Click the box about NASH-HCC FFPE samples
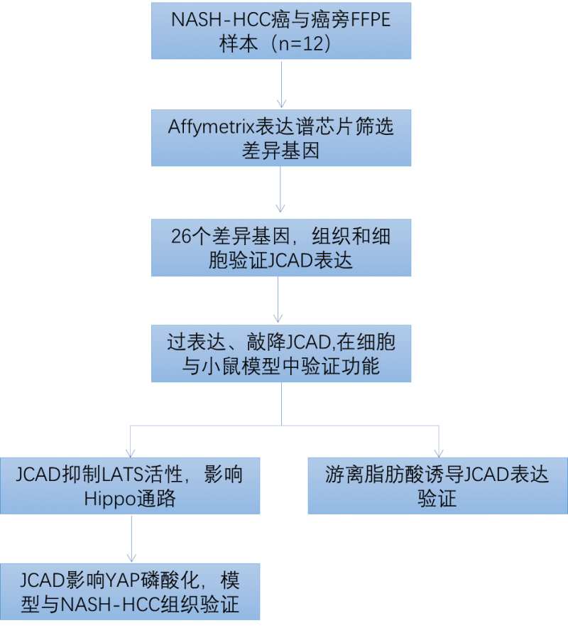click(281, 31)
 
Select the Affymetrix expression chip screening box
click(281, 139)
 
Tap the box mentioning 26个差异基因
click(281, 248)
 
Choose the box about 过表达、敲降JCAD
click(281, 354)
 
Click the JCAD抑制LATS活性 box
click(130, 486)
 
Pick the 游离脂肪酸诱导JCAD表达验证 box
click(437, 486)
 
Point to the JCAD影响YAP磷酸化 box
click(130, 592)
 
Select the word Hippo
click(113, 499)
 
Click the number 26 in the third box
click(182, 236)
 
